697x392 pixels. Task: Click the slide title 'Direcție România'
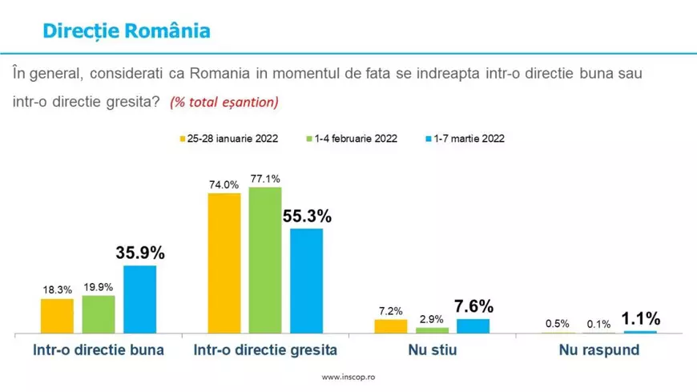[x=126, y=30]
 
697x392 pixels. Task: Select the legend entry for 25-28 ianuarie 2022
[x=228, y=138]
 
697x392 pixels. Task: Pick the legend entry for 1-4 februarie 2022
[x=350, y=138]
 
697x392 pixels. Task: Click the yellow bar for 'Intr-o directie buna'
[x=57, y=316]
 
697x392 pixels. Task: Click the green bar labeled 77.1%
[x=265, y=260]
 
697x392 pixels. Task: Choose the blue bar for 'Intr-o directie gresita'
[x=306, y=281]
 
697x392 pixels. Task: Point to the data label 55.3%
[x=306, y=216]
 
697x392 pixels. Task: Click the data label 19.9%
[x=99, y=286]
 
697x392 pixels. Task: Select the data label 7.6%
[x=473, y=306]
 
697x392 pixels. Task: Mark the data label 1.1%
[x=640, y=318]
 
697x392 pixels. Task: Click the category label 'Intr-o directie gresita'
[x=265, y=350]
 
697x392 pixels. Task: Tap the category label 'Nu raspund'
[x=598, y=350]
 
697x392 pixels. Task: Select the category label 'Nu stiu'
[x=432, y=350]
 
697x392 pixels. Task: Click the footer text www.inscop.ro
[x=348, y=377]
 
